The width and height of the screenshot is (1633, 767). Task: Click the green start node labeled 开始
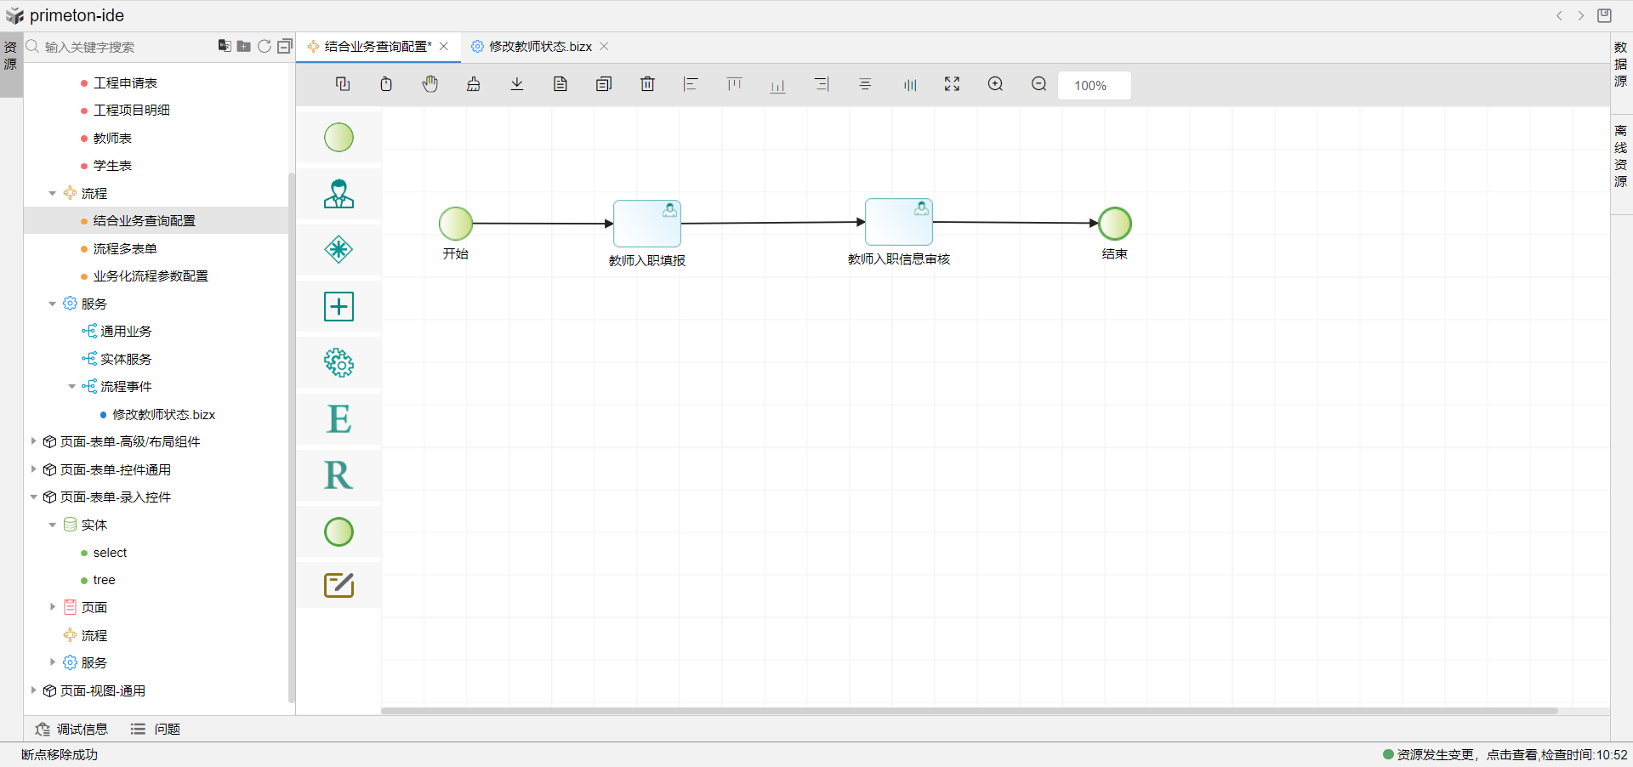coord(456,224)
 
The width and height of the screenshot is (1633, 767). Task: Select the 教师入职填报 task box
coord(646,224)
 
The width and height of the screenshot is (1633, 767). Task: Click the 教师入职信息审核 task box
coord(898,222)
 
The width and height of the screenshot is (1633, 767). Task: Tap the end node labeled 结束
coord(1114,224)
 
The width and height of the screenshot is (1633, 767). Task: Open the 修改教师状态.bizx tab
coord(540,47)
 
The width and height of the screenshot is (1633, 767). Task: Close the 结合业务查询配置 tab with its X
coord(444,47)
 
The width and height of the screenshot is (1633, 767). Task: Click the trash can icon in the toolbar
coord(647,84)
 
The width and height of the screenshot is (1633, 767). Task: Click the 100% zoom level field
coord(1094,86)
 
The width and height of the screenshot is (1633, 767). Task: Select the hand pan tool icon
coord(430,84)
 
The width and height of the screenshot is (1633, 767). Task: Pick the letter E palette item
coord(339,419)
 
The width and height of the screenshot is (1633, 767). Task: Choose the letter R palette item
coord(339,475)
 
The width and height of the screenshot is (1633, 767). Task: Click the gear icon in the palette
coord(339,363)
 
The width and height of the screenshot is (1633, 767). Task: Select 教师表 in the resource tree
coord(112,139)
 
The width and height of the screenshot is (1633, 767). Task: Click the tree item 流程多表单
coord(125,249)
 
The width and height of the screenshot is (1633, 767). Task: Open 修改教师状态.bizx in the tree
coord(163,415)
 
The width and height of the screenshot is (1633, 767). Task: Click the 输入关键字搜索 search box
coord(119,48)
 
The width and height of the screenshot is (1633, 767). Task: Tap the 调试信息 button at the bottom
coord(72,730)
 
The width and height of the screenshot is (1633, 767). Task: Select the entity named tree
coord(104,581)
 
